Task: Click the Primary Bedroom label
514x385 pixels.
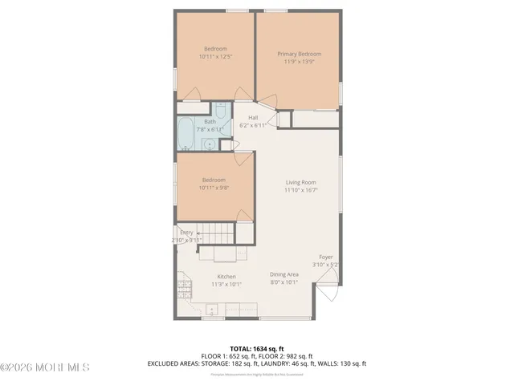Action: click(x=297, y=54)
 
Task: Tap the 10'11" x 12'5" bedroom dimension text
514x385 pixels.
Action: click(x=214, y=57)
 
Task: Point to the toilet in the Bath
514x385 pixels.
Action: click(x=222, y=112)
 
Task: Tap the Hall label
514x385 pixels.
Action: click(x=252, y=118)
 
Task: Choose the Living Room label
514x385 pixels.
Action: click(x=301, y=183)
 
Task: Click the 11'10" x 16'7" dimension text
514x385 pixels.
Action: click(x=301, y=191)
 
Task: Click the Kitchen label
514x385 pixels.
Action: click(x=226, y=276)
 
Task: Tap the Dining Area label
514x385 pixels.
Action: click(x=284, y=274)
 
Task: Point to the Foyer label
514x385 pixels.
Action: click(x=325, y=257)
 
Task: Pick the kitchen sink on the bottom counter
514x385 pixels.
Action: click(x=213, y=309)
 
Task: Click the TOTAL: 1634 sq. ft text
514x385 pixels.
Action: click(x=256, y=348)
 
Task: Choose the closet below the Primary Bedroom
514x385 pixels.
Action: click(x=315, y=119)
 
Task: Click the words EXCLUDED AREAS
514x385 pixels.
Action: click(x=173, y=363)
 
